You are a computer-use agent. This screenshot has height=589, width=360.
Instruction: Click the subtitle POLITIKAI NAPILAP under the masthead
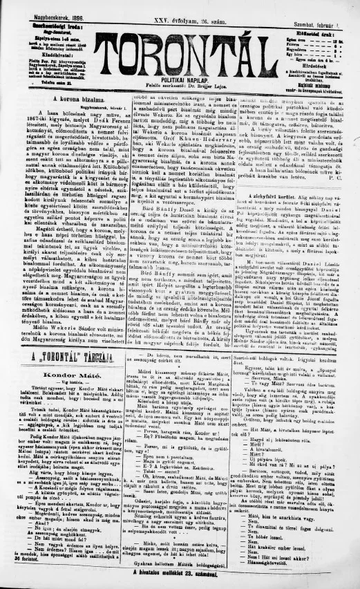pyautogui.click(x=180, y=80)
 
